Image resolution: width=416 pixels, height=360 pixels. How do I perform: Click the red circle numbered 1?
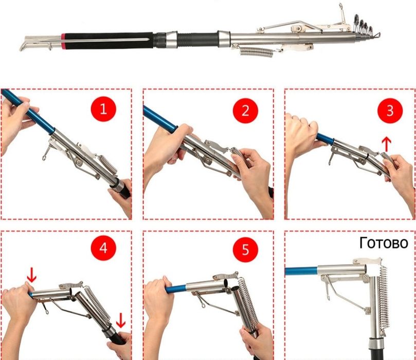[103, 109]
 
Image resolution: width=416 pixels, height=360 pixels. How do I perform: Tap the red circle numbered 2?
[245, 111]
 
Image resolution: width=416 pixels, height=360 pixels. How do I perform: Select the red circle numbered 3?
[390, 111]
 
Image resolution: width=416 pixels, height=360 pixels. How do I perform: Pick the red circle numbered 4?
[103, 248]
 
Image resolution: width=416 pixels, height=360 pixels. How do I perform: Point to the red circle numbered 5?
[245, 249]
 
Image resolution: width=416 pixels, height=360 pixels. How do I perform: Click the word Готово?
[384, 243]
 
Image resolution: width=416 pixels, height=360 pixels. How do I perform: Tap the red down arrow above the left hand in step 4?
[31, 275]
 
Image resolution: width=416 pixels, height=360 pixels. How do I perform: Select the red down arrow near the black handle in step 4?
[121, 320]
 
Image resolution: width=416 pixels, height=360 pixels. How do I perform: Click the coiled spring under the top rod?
[257, 51]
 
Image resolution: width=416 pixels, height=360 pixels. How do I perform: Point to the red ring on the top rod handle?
[63, 41]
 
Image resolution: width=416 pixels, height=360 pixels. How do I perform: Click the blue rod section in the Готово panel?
[301, 272]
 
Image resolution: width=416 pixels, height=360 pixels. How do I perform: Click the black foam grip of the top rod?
[109, 41]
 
